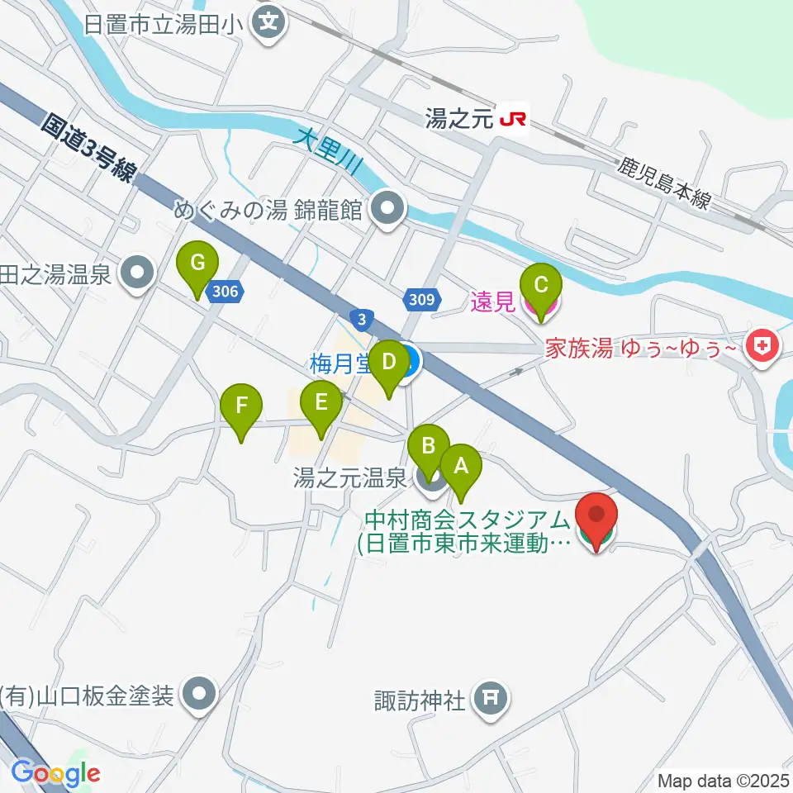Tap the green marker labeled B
(429, 447)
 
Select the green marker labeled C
(541, 286)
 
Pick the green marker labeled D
(388, 362)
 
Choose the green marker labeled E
(321, 404)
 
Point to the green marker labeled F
(241, 406)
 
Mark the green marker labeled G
(197, 264)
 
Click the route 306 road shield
(225, 291)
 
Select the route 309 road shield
(420, 299)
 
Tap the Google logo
(55, 774)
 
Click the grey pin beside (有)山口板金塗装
(198, 694)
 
